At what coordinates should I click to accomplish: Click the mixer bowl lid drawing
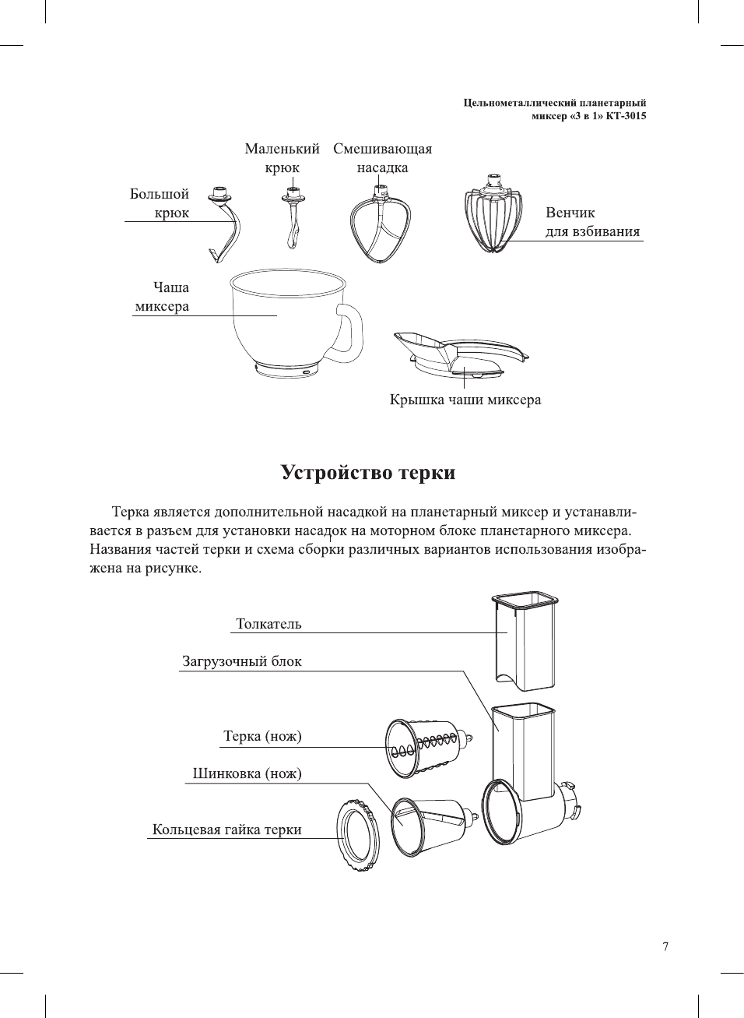459,354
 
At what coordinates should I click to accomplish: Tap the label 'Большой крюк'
160,203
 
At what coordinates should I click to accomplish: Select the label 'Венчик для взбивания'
592,222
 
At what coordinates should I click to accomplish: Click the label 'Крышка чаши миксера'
465,400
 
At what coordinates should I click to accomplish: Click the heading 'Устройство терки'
368,473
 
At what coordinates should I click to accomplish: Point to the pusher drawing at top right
526,642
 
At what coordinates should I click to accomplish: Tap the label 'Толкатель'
268,624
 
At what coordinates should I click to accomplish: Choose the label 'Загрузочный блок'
242,661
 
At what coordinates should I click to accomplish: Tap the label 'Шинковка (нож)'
247,773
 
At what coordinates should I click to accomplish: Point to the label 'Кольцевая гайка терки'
226,830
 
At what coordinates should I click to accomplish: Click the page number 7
665,946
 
